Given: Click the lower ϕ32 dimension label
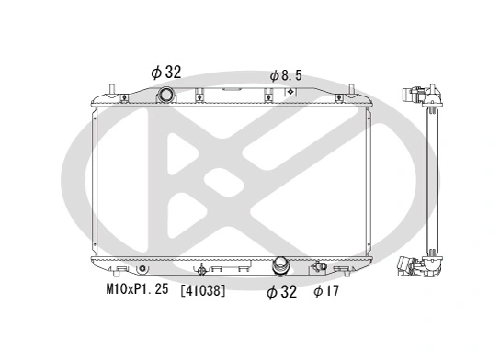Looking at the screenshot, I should tap(280, 292).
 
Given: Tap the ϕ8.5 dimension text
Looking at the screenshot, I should tap(285, 75).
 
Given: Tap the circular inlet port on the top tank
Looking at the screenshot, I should tap(166, 96).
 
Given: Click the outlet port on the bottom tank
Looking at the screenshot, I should tap(281, 267).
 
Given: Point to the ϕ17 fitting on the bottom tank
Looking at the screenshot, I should tap(320, 268).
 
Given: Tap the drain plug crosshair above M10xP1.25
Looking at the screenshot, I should tap(203, 270).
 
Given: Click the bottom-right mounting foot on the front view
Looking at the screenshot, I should tap(341, 269).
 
